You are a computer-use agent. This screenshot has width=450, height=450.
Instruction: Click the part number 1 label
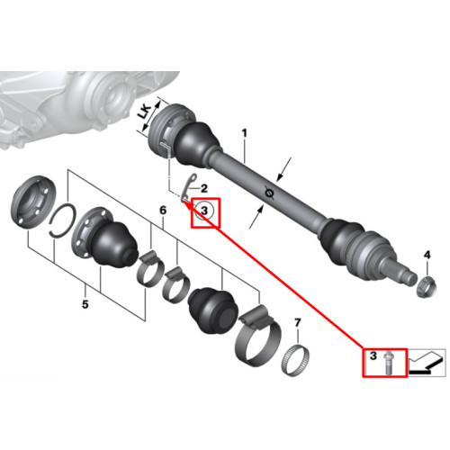click(245, 133)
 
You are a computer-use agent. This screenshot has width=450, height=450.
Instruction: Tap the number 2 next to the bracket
click(204, 189)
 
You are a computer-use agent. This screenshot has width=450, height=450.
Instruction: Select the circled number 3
click(204, 211)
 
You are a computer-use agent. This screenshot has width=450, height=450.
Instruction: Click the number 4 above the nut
click(427, 255)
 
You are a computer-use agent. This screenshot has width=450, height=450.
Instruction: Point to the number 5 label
click(85, 304)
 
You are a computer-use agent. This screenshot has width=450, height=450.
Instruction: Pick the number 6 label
click(163, 210)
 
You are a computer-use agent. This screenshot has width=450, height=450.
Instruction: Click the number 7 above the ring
click(297, 323)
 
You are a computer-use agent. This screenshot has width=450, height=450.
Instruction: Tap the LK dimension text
click(145, 115)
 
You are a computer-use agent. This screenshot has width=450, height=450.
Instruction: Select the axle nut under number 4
click(427, 287)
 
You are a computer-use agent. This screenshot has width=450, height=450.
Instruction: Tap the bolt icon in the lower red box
click(389, 363)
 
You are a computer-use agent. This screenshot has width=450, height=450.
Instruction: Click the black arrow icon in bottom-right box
click(427, 362)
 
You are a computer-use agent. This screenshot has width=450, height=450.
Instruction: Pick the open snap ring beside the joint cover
click(61, 220)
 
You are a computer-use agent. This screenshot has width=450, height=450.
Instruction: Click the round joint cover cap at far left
click(33, 202)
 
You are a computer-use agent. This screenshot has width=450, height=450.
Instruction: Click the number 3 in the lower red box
click(373, 355)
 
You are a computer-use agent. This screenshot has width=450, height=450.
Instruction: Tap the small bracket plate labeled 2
click(189, 188)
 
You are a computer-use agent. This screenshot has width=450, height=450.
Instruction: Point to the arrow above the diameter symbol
click(283, 169)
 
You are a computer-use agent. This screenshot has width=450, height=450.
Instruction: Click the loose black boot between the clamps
click(211, 310)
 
